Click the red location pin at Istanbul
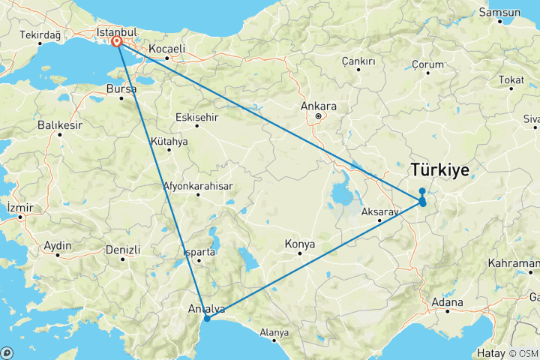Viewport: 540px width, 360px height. [118, 43]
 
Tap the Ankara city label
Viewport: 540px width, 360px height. [318, 106]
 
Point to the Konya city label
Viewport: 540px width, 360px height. [300, 244]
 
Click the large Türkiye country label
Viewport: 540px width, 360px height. [440, 171]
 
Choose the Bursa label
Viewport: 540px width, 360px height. [121, 88]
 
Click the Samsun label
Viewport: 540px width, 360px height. [502, 13]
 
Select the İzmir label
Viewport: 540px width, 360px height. [19, 206]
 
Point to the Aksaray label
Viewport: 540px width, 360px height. [378, 212]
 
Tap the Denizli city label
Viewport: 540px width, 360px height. [123, 249]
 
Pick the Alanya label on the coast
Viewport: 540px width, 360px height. [274, 332]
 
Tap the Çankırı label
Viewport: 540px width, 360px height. [358, 60]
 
